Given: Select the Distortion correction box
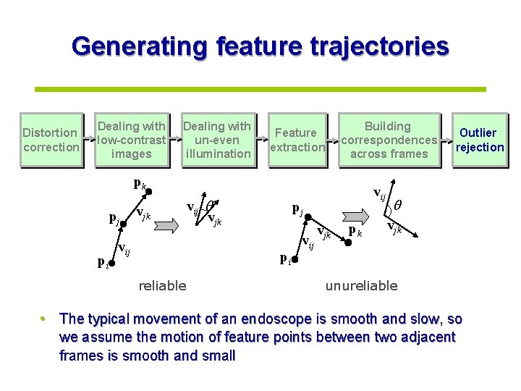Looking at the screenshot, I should click(x=51, y=140).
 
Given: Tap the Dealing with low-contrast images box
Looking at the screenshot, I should click(x=132, y=140).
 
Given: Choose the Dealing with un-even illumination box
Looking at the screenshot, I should click(x=217, y=140).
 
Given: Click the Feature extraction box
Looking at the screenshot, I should click(x=297, y=140).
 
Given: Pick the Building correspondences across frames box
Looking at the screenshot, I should click(x=389, y=140).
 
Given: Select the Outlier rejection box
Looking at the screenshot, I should click(x=479, y=140).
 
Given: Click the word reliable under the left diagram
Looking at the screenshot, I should click(x=162, y=286).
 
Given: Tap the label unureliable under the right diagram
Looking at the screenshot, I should click(x=361, y=286).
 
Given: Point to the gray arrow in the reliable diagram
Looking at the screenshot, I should click(x=164, y=225).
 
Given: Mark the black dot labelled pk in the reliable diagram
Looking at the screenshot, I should click(x=150, y=191).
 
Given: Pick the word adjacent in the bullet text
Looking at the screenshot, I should click(x=429, y=337).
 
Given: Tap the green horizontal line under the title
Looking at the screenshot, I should click(x=260, y=88).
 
